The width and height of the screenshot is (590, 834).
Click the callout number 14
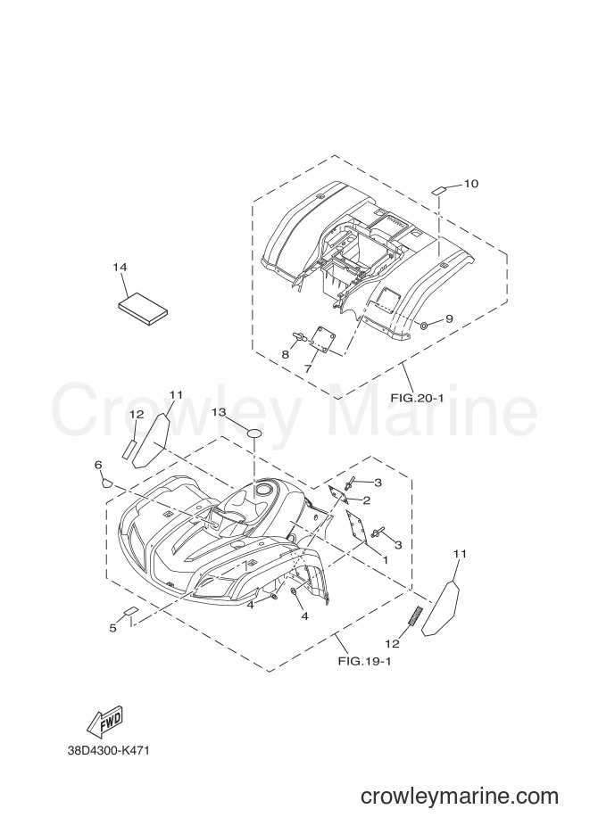120,267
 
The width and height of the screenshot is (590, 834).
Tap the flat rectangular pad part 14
142,309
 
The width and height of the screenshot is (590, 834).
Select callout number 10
470,184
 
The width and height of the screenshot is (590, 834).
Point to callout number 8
285,355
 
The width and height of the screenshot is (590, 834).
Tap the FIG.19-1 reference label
364,662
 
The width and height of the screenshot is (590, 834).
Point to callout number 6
98,465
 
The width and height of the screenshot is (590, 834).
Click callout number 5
112,628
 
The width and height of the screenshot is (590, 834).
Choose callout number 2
367,500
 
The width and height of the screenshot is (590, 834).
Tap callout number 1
385,559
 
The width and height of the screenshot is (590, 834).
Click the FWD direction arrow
104,723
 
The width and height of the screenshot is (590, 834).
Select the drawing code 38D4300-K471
109,751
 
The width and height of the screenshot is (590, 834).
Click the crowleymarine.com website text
460,796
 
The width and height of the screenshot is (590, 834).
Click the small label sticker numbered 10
439,190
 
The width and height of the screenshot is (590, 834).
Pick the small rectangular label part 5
131,612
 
